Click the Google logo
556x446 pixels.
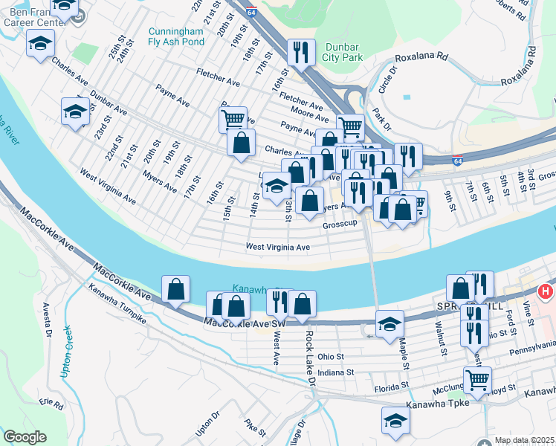click(25, 437)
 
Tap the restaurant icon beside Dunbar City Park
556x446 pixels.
click(299, 52)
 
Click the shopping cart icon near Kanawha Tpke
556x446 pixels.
click(477, 381)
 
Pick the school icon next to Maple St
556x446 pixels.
click(389, 325)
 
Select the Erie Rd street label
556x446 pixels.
click(51, 402)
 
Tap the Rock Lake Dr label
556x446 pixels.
click(311, 358)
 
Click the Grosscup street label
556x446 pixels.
click(340, 224)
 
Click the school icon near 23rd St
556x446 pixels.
click(75, 111)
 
